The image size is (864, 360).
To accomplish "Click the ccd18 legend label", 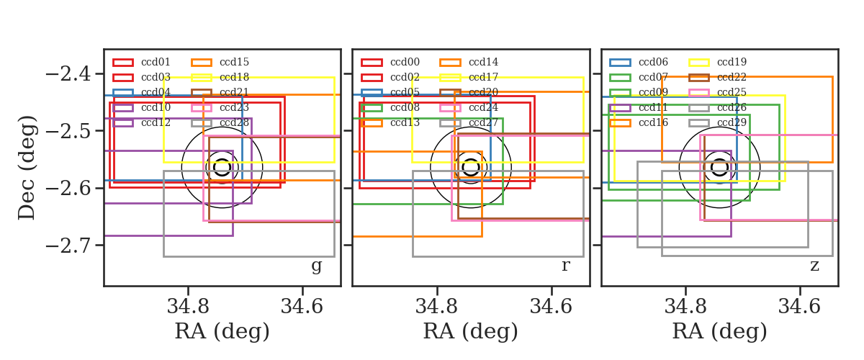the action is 234,77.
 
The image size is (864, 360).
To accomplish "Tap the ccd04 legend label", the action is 156,93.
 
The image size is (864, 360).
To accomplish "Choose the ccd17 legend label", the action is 483,77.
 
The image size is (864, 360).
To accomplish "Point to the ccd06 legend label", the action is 654,62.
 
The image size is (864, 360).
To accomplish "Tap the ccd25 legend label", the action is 732,93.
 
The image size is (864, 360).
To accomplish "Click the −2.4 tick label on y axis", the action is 68,73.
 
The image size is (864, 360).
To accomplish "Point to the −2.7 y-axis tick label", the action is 68,246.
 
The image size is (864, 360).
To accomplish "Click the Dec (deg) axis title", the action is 27,168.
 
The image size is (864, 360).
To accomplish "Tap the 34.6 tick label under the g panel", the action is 302,307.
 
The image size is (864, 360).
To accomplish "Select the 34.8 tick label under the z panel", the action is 685,307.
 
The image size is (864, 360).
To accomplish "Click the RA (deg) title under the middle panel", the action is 471,331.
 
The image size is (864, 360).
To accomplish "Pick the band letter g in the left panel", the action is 316,266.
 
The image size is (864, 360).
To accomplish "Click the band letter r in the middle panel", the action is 565,265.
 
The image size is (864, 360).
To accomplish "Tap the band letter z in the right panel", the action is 814,266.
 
